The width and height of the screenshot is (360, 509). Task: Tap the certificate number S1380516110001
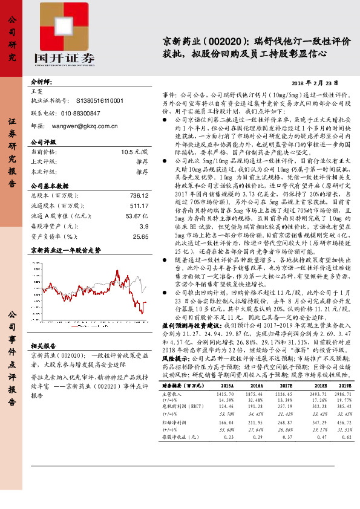[100, 101]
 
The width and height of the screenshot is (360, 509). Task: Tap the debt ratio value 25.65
[140, 236]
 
